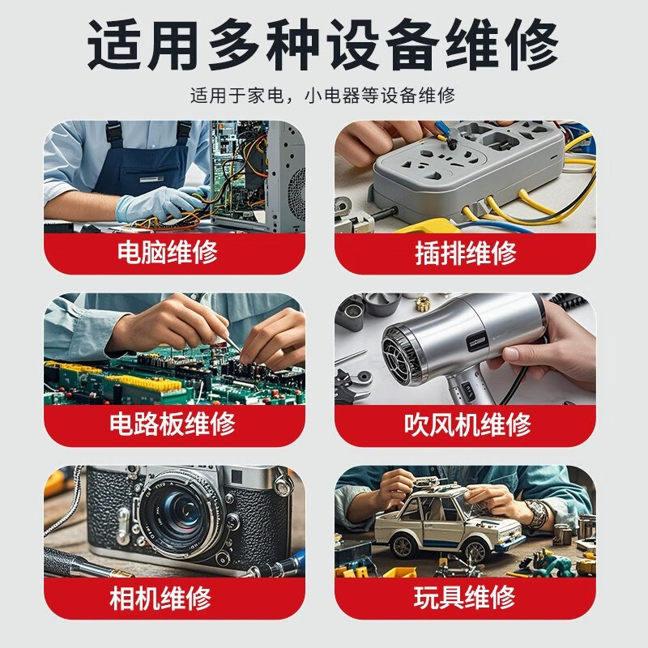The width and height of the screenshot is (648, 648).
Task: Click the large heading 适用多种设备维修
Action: tap(323, 45)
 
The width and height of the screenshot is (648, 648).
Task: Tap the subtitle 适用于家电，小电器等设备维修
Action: tap(322, 96)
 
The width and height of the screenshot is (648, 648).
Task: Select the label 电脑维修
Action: tap(168, 252)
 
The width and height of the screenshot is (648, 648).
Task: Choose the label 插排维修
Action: tap(465, 253)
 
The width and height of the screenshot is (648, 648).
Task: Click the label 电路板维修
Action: tap(173, 424)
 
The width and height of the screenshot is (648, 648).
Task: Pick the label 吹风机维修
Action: tap(467, 424)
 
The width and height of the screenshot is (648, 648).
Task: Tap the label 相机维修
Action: tap(160, 598)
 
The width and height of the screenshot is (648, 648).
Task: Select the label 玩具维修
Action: tap(464, 597)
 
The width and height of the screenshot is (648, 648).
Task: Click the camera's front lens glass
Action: tap(178, 513)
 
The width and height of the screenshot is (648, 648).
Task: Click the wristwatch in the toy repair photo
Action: tap(538, 514)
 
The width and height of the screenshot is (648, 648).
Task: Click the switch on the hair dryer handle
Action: tap(467, 390)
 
